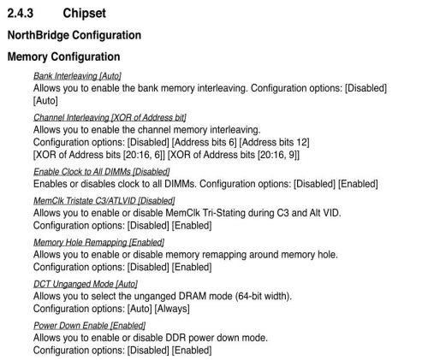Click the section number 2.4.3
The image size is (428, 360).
click(21, 13)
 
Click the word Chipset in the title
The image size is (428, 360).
click(84, 14)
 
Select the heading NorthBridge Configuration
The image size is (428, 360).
click(74, 35)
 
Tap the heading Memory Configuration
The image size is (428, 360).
click(63, 56)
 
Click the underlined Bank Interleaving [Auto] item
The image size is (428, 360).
click(77, 76)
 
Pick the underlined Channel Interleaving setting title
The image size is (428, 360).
click(110, 118)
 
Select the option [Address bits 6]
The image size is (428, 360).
click(205, 142)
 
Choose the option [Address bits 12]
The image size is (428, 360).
click(274, 142)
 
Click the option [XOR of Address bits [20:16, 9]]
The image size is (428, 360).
click(234, 155)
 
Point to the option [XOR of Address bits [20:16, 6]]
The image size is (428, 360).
click(99, 155)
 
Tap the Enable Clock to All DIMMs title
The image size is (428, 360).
click(102, 172)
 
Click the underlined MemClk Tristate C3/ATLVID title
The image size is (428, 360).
click(104, 201)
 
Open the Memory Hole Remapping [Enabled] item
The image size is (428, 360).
click(98, 242)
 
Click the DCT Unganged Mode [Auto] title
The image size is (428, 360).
click(86, 284)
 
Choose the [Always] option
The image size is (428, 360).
click(172, 309)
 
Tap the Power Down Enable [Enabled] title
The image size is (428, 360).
click(90, 326)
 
